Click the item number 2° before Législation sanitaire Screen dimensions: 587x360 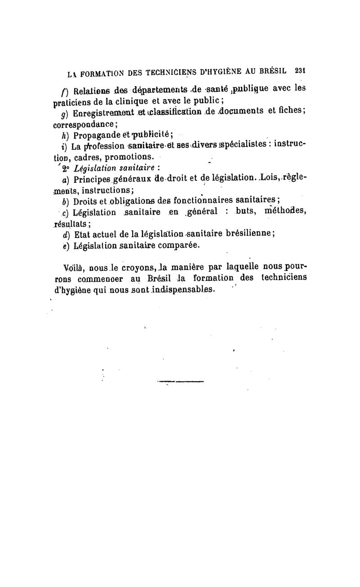66,169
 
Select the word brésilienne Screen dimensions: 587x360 245,234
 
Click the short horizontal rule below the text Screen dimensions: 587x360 180,382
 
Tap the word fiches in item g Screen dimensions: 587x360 289,111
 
